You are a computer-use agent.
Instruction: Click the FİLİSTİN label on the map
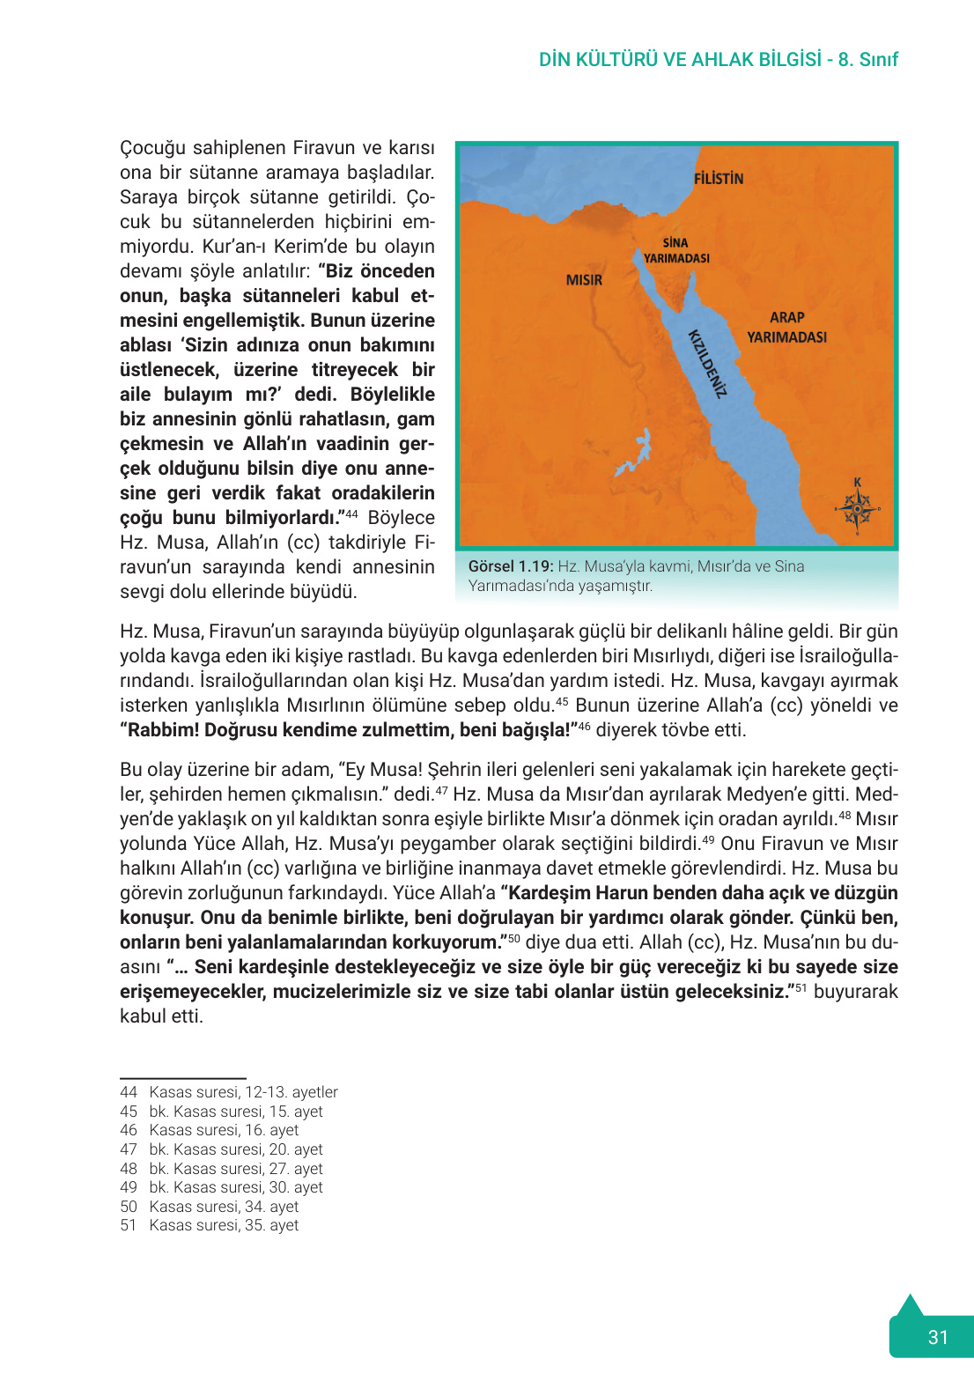tap(718, 179)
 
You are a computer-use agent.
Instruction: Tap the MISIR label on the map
tap(584, 280)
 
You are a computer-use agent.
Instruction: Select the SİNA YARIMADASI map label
tap(676, 250)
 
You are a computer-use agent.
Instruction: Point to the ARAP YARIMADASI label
tap(786, 327)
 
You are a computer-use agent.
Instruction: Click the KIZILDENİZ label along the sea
tap(707, 365)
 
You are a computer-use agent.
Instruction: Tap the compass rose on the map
tap(857, 510)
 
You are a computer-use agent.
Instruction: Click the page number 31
tap(938, 1337)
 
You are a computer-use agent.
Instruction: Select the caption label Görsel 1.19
tap(510, 566)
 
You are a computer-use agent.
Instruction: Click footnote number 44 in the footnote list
tap(129, 1092)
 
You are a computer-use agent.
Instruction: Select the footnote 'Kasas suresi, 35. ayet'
tap(224, 1225)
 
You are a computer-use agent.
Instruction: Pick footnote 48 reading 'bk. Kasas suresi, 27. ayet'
tap(235, 1169)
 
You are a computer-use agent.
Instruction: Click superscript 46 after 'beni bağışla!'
tap(584, 726)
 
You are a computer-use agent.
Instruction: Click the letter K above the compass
tap(857, 483)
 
